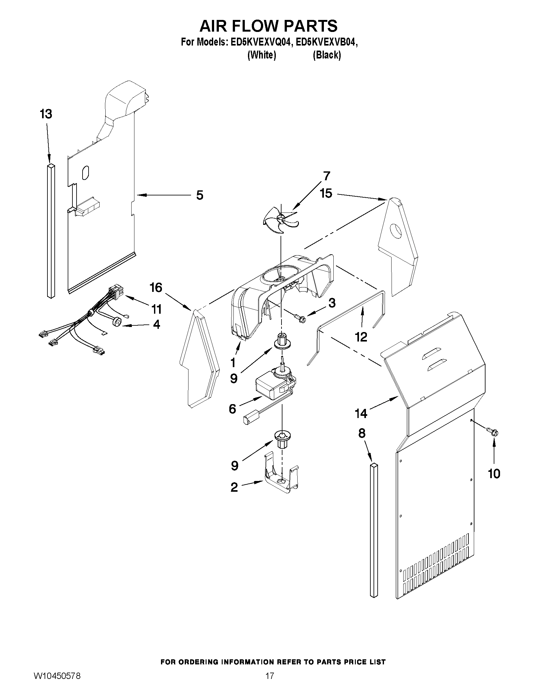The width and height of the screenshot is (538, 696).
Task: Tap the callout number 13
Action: [x=46, y=114]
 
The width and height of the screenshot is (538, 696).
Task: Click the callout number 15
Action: [x=326, y=194]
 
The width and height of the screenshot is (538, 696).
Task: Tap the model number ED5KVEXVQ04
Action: [x=259, y=43]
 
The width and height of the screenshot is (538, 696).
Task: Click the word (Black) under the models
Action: [x=327, y=55]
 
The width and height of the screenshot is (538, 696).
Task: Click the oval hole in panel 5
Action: [x=85, y=172]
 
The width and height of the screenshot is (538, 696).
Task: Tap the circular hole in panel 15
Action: [x=397, y=231]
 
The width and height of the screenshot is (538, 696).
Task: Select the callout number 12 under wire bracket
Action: [x=361, y=337]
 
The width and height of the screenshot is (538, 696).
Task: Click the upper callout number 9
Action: [x=234, y=378]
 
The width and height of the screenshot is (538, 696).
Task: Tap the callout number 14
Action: [x=361, y=414]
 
